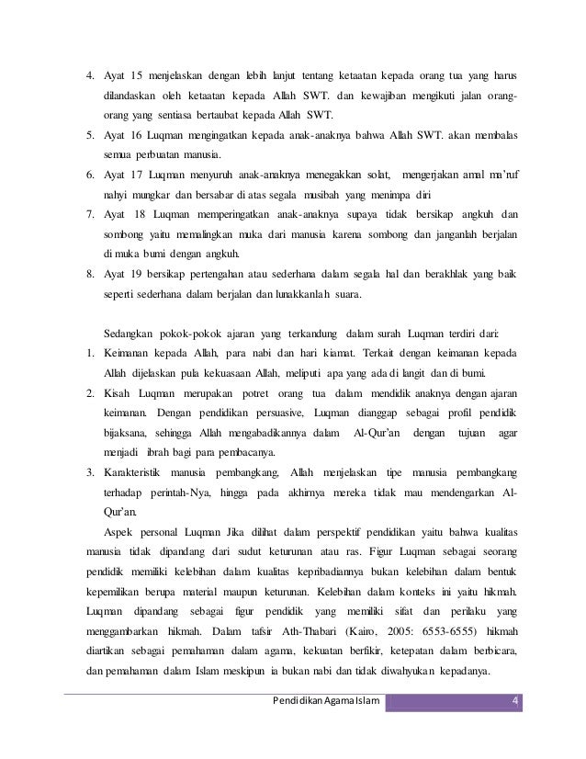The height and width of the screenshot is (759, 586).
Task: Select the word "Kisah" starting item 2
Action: click(x=120, y=392)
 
